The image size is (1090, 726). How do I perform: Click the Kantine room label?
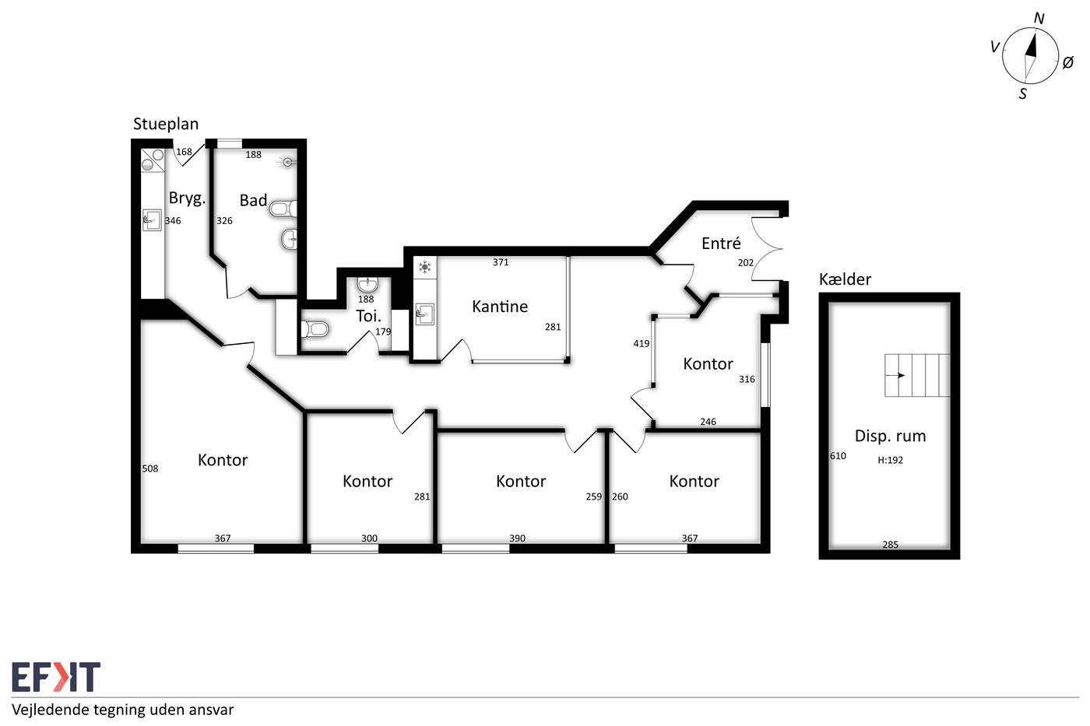(x=500, y=307)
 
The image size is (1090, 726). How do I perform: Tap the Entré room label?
(x=721, y=243)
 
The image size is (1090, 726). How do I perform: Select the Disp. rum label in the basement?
(x=890, y=437)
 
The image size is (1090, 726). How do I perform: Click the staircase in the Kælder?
(x=917, y=375)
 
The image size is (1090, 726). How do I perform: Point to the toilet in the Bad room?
(x=282, y=209)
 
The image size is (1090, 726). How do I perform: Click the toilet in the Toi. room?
(x=315, y=329)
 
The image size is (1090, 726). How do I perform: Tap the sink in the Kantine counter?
(x=425, y=314)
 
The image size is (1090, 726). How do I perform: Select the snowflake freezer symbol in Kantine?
(x=425, y=266)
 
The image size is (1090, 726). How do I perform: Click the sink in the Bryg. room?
(x=152, y=220)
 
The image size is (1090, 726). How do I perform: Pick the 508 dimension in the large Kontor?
(x=149, y=468)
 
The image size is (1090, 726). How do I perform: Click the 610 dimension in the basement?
(x=838, y=456)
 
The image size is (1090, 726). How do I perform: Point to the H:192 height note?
(x=890, y=460)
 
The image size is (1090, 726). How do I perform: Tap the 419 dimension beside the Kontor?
(x=642, y=344)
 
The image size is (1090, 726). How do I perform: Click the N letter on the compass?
(x=1039, y=19)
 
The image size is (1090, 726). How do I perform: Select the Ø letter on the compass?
(x=1067, y=62)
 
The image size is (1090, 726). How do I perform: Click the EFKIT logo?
(x=56, y=676)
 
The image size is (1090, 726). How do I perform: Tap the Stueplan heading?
(x=166, y=124)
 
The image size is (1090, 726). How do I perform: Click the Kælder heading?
(x=845, y=279)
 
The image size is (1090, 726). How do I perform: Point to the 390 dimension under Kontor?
(x=517, y=538)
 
